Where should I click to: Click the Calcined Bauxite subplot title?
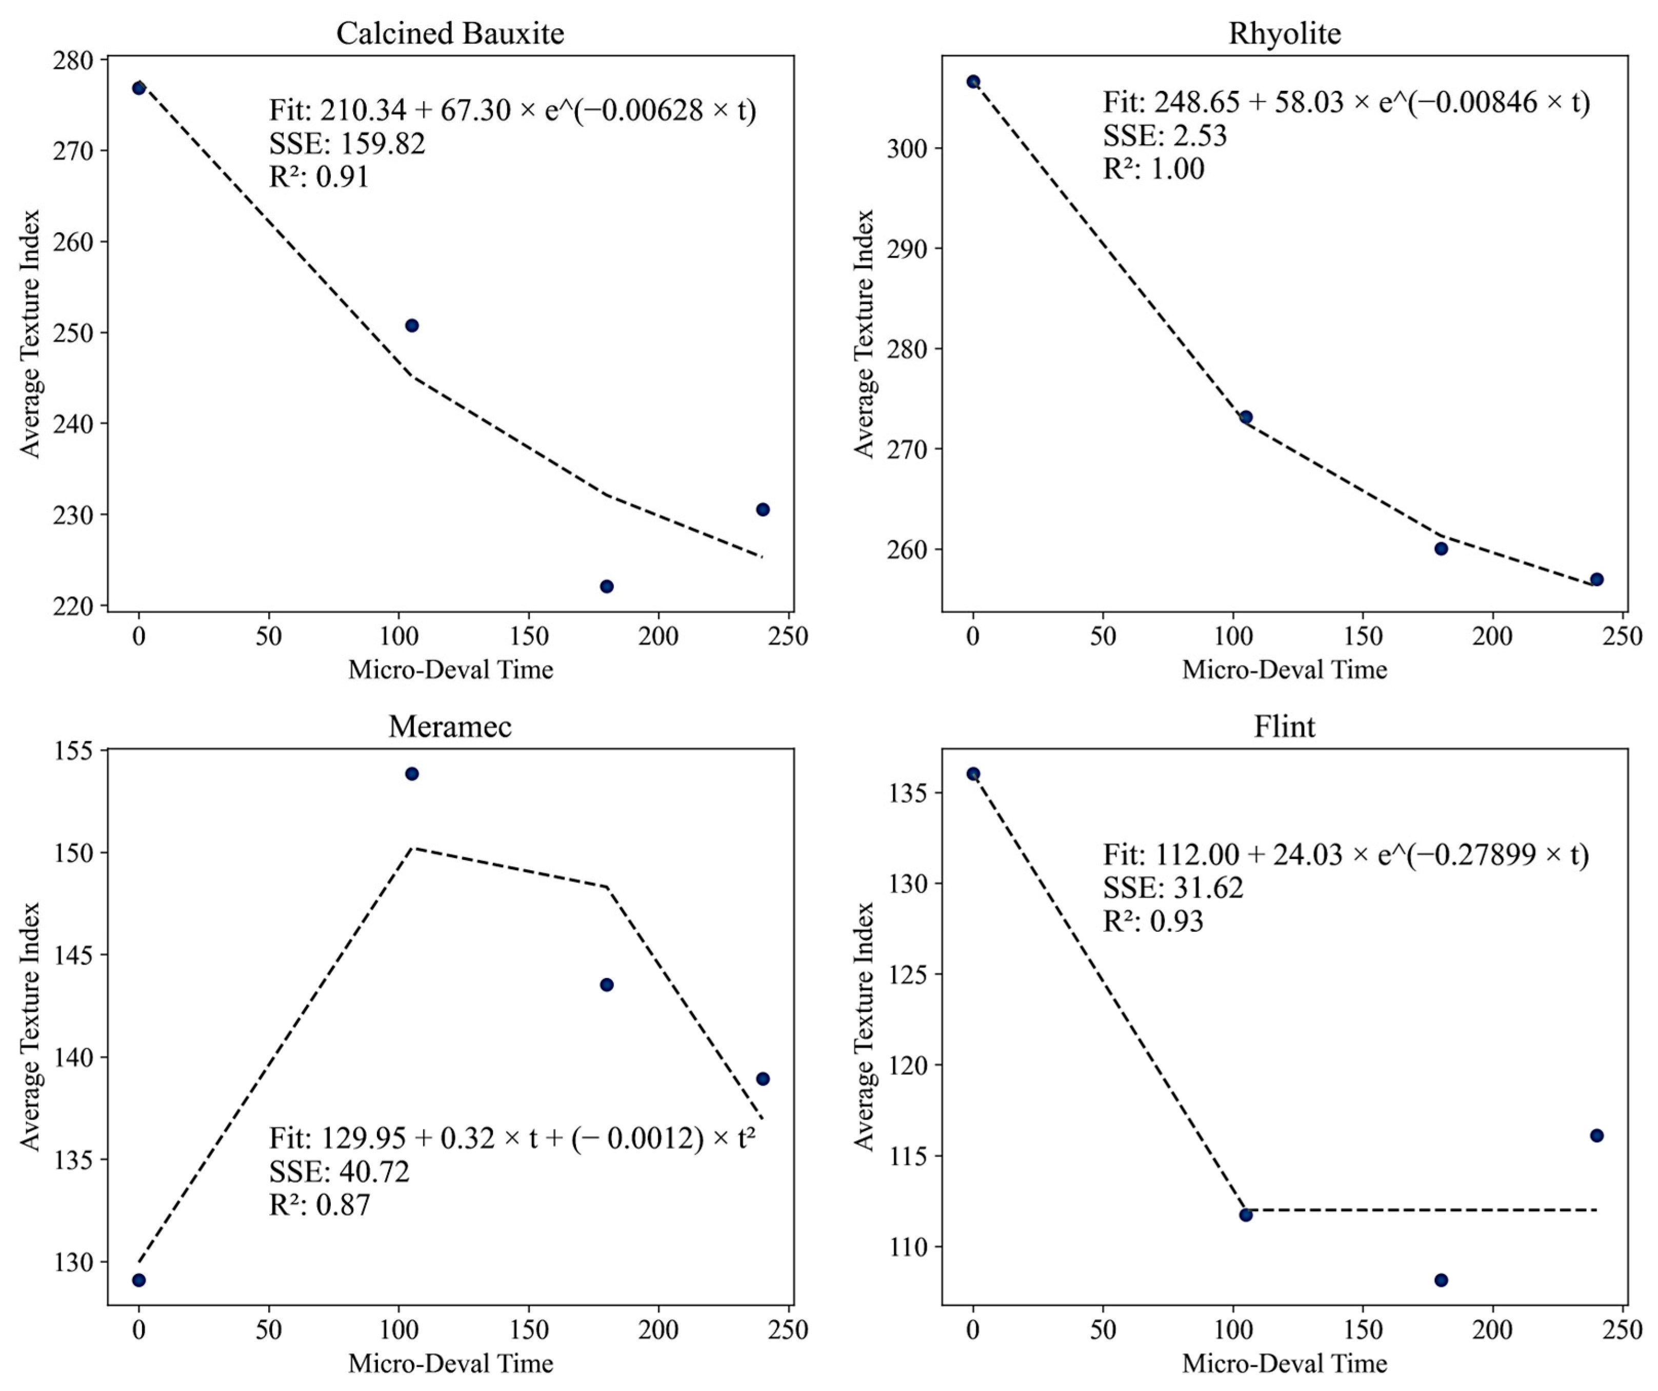coord(450,33)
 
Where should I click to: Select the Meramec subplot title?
coord(450,726)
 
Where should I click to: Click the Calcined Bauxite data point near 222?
coord(606,586)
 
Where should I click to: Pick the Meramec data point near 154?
coord(411,773)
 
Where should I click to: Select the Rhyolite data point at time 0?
coord(973,82)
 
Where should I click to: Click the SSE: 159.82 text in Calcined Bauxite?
coord(347,144)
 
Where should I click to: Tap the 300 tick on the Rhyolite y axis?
coord(906,148)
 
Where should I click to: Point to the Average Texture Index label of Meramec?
coord(30,1026)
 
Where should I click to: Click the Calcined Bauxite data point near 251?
coord(411,325)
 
